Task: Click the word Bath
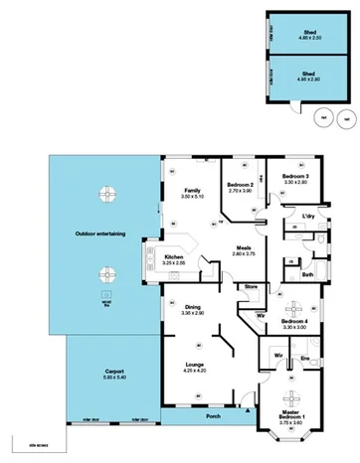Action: [307, 274]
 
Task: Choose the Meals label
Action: [244, 247]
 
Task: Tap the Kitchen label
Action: [174, 257]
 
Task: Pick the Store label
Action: [252, 288]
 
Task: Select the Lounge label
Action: [194, 365]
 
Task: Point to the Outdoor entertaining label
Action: [99, 233]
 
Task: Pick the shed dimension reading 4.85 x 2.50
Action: [309, 39]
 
